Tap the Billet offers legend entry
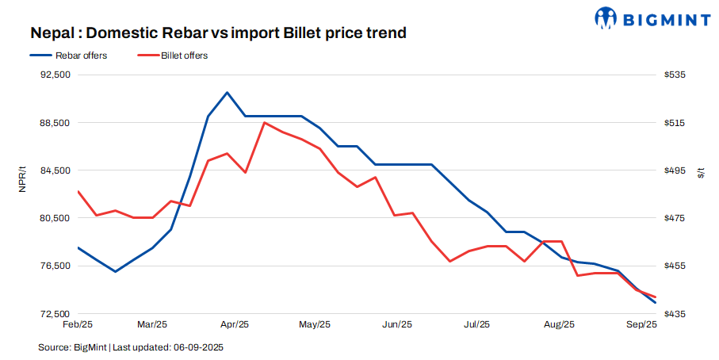tap(184, 56)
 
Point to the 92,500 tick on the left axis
tap(55, 75)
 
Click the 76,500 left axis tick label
tap(55, 266)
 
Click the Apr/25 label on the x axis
tap(235, 324)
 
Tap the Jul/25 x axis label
tap(476, 324)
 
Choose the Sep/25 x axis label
tap(641, 324)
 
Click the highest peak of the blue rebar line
tap(228, 93)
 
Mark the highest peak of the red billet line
tap(264, 122)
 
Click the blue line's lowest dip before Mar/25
tap(116, 272)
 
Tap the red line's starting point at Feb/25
tap(78, 191)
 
